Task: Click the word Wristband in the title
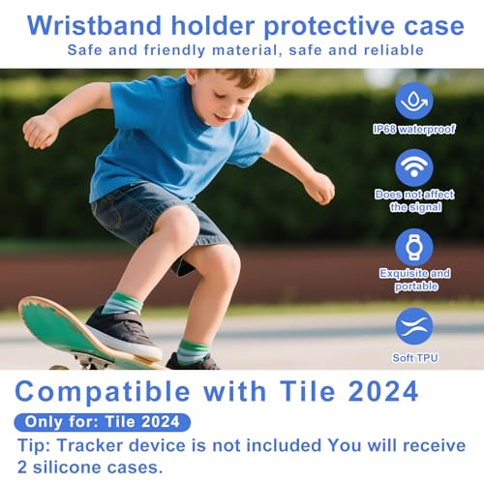pos(94,25)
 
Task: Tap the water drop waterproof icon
pos(414,101)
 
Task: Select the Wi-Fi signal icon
pos(414,167)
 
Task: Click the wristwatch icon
pos(414,248)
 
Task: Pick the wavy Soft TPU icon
pos(414,326)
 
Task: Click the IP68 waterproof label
pos(414,129)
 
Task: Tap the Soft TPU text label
pos(415,358)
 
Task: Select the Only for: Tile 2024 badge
pos(103,422)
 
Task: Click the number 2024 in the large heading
pos(383,391)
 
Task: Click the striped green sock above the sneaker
pos(122,303)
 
